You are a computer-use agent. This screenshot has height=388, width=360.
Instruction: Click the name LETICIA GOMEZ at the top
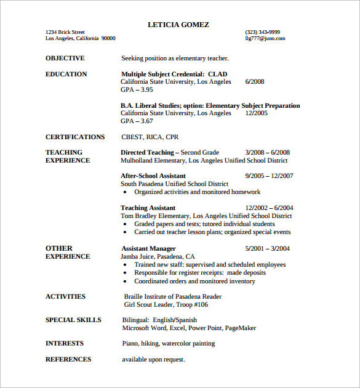178,25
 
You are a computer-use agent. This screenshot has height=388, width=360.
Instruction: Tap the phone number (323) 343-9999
262,32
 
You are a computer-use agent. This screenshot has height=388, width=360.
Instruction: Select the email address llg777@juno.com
265,38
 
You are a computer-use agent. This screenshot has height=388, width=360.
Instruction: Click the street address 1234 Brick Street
65,32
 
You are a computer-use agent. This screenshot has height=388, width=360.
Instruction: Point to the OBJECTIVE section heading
65,59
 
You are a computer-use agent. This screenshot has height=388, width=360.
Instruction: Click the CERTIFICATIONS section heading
75,137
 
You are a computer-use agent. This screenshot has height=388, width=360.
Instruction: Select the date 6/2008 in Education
255,82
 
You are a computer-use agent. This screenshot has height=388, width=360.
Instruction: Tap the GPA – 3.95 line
137,90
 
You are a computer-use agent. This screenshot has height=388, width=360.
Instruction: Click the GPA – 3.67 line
137,121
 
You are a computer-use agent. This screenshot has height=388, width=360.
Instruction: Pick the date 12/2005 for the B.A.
257,113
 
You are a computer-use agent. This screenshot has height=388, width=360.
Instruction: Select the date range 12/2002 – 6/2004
270,208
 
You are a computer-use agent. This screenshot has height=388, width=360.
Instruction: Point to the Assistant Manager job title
148,248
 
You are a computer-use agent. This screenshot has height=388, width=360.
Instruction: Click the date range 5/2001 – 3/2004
267,248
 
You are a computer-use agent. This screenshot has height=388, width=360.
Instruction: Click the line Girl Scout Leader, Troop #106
166,304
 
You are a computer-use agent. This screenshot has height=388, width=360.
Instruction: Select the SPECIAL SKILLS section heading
73,320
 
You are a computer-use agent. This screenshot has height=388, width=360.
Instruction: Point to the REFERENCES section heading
68,360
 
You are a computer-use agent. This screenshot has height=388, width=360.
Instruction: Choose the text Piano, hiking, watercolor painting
168,344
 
